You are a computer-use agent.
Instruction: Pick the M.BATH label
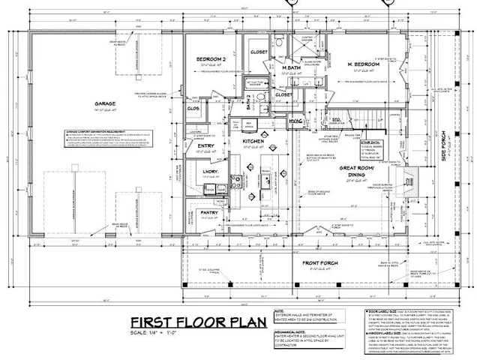tap(291, 69)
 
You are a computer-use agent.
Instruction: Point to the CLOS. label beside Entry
tap(192, 107)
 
